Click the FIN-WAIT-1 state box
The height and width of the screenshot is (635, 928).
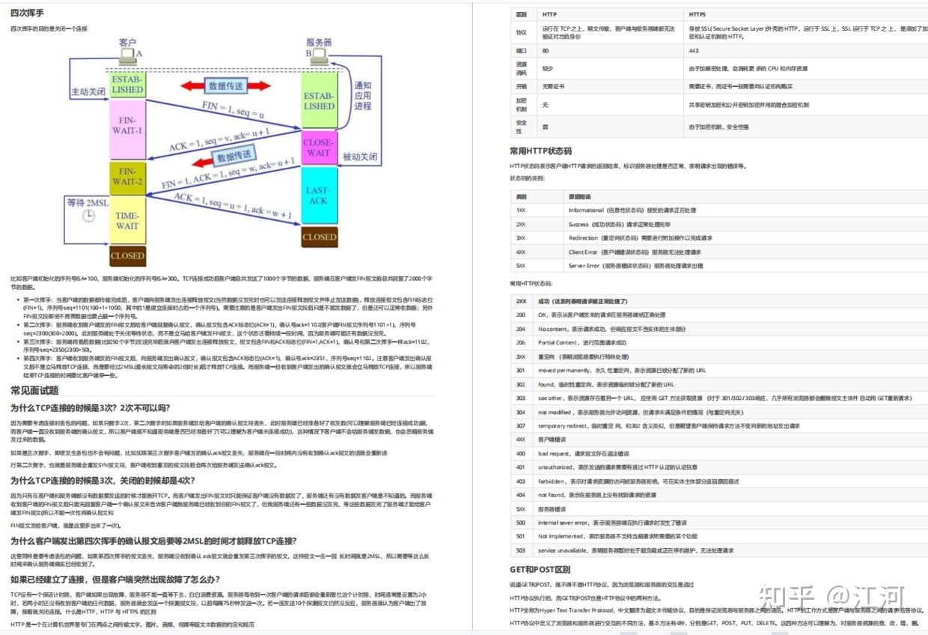tap(127, 129)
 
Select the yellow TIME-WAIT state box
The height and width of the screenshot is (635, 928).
tap(127, 220)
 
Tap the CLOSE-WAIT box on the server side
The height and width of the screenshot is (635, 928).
tap(318, 148)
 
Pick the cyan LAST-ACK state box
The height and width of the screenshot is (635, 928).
tap(318, 195)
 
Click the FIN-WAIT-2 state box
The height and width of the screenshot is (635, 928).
tap(127, 177)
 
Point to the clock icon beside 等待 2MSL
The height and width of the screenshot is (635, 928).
tap(89, 216)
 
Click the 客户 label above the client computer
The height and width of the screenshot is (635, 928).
tap(127, 43)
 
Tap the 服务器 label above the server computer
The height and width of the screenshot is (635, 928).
tap(318, 43)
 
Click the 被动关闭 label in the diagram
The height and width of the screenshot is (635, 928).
tap(360, 157)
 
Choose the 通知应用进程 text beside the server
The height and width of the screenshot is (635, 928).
tap(363, 96)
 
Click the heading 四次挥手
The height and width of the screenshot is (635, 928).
tap(27, 13)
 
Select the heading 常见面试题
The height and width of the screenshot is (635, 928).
tap(34, 390)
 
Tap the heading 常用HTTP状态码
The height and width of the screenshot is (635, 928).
tap(540, 151)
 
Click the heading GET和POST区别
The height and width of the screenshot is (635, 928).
tap(540, 569)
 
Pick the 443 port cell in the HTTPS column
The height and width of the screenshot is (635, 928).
tap(694, 51)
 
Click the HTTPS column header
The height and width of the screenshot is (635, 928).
tap(697, 14)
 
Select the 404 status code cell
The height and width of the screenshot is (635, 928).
tap(521, 495)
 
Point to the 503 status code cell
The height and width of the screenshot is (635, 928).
tap(521, 550)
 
